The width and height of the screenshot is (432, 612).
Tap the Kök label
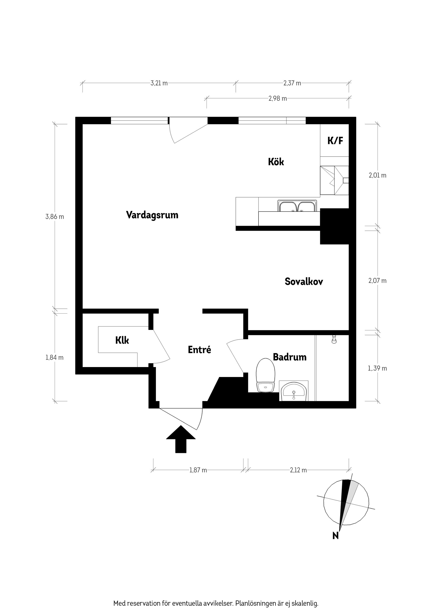276,162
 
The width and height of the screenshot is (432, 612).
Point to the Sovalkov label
304,281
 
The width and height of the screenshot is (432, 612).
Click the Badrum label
290,357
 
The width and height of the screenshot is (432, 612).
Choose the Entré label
199,350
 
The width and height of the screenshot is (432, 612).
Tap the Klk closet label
122,340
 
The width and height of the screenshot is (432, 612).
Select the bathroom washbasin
294,392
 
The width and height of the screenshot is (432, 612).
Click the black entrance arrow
181,439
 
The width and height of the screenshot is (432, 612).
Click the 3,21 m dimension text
159,83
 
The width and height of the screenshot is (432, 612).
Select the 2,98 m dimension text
278,99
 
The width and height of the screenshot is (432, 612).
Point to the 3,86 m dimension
55,217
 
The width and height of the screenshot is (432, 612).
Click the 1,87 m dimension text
198,470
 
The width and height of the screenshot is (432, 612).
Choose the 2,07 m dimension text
377,281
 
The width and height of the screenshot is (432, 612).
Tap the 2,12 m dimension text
298,470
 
